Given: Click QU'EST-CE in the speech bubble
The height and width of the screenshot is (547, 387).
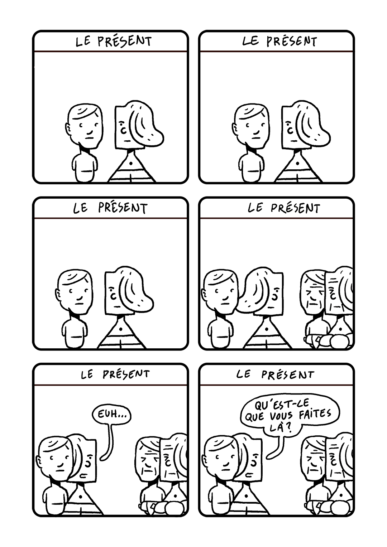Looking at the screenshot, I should point(282,405).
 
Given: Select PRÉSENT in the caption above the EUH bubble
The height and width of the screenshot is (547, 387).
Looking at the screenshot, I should point(126,374).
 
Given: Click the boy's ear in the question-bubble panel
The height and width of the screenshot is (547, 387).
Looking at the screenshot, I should point(206,460).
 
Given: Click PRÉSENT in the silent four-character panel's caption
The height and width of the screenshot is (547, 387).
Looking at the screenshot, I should point(295,208).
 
